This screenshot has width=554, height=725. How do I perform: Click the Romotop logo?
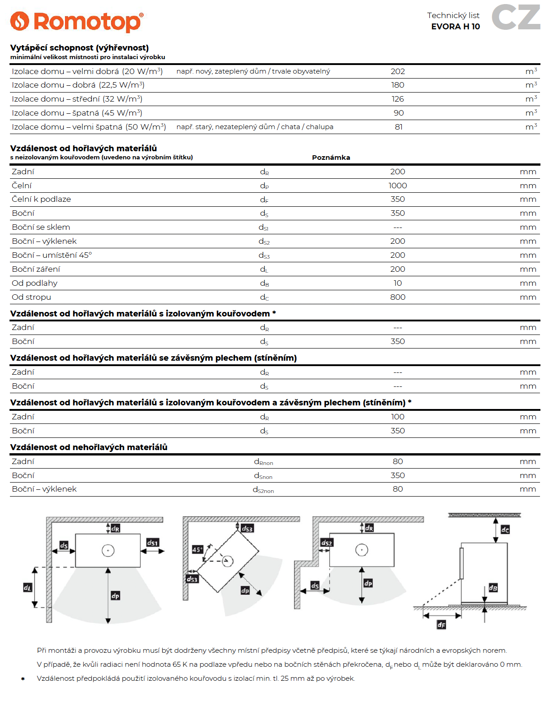77,21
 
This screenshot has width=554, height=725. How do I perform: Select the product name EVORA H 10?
455,27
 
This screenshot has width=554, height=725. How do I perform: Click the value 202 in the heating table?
398,71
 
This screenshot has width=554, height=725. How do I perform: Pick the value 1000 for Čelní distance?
398,186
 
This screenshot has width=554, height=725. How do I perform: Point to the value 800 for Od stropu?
398,297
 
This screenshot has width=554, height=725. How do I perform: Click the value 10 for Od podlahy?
398,283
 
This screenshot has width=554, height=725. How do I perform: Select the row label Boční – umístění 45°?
52,255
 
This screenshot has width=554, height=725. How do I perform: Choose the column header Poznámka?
331,158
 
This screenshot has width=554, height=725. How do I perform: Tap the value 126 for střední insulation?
398,99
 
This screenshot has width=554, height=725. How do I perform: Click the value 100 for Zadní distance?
398,417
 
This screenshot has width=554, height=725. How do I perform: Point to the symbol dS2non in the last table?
263,489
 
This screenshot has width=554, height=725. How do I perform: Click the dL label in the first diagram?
28,587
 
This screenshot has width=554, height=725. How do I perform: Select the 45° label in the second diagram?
197,549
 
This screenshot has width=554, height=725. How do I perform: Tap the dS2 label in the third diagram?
326,543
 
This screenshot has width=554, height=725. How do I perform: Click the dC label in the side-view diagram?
505,530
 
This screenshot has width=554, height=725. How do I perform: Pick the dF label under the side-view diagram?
441,625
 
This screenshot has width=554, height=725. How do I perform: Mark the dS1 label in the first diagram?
153,543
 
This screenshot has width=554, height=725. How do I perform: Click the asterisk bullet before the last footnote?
23,679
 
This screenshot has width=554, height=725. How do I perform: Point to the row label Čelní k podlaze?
41,199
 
